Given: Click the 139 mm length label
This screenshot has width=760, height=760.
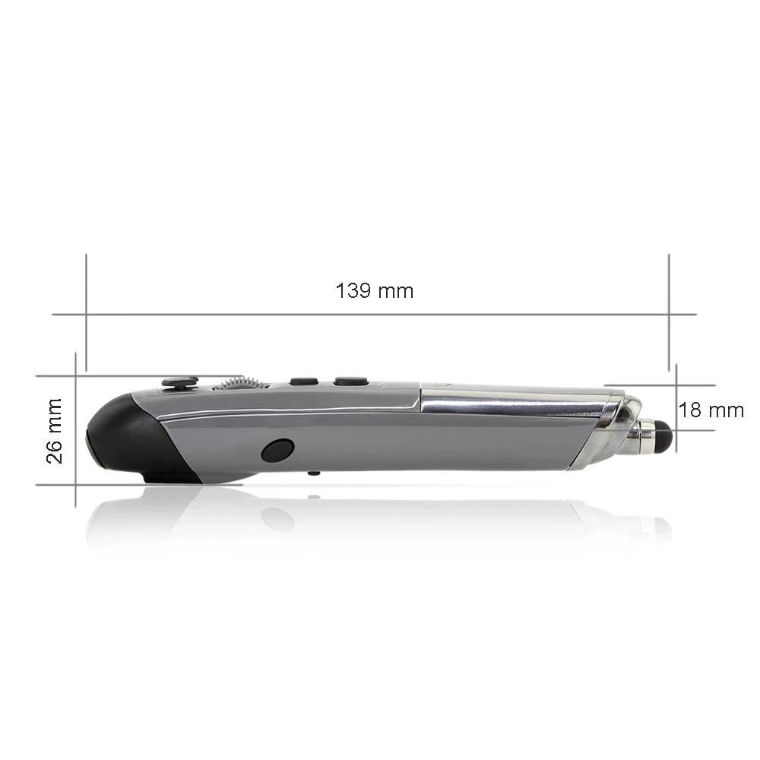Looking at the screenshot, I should (x=375, y=290).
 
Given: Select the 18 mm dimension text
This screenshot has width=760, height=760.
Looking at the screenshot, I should (x=711, y=410).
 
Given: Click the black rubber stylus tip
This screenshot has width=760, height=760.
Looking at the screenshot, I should (x=662, y=434).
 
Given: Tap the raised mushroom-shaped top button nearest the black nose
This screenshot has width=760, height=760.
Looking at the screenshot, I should (x=179, y=382).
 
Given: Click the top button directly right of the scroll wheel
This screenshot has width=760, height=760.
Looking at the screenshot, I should (x=304, y=381).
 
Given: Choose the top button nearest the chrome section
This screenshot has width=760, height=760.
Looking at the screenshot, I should (x=351, y=381).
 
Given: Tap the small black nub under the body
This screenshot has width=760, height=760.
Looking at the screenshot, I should (x=313, y=473).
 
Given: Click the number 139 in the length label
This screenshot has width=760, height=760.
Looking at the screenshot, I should (x=353, y=290).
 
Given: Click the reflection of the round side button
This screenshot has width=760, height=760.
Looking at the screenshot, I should (x=277, y=519).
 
